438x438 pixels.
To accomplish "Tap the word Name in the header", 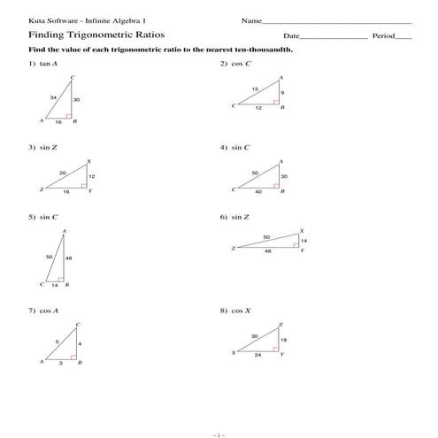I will [250, 19].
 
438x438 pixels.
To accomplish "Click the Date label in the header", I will [292, 36].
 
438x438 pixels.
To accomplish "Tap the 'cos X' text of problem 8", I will [241, 311].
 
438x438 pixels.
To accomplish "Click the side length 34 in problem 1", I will [53, 96].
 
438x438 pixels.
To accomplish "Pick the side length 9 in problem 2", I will [282, 92].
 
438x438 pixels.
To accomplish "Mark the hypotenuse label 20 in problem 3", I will [62, 172].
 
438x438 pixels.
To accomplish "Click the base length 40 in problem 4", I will [258, 192].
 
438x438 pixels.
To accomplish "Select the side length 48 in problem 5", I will [69, 257].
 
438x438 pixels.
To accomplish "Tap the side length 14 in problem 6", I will [304, 241].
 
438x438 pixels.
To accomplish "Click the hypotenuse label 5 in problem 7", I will [58, 341].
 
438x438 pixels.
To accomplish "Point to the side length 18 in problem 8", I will [283, 340].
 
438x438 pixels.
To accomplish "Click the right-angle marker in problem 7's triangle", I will [75, 359].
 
